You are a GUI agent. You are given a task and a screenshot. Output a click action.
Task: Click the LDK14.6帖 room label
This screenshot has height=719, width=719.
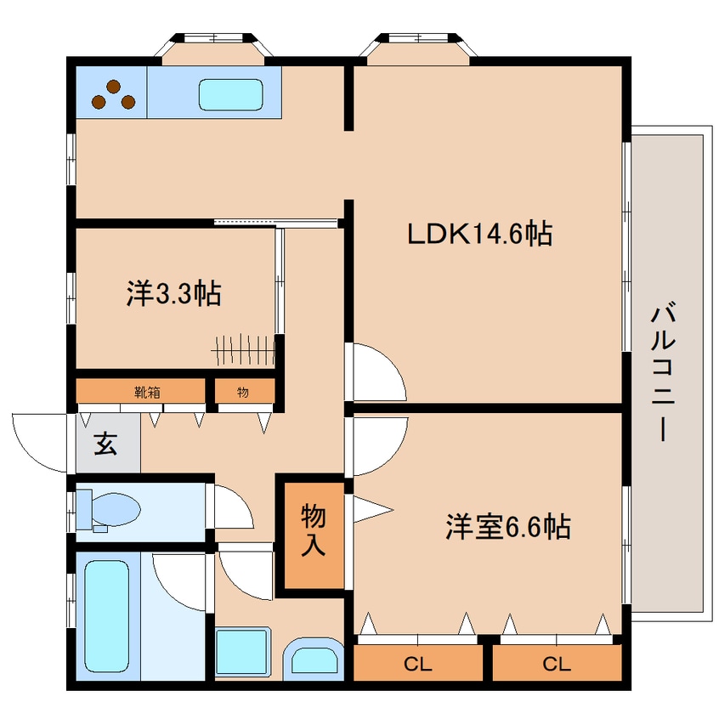pyautogui.click(x=479, y=234)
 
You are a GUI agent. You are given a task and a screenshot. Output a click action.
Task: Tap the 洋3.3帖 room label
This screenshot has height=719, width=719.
pyautogui.click(x=173, y=293)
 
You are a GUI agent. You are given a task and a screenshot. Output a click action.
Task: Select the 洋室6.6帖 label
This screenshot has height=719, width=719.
pyautogui.click(x=508, y=526)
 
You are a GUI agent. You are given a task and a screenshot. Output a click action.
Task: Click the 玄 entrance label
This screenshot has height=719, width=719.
pyautogui.click(x=106, y=444)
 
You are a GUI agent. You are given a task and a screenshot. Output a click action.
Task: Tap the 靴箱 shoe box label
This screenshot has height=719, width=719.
pyautogui.click(x=147, y=392)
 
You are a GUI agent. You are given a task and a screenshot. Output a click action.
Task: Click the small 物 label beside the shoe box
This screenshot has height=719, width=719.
pyautogui.click(x=243, y=392)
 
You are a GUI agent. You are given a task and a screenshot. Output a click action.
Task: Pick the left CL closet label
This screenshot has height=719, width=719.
pyautogui.click(x=418, y=664)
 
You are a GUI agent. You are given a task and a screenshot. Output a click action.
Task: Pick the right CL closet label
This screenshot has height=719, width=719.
pyautogui.click(x=557, y=664)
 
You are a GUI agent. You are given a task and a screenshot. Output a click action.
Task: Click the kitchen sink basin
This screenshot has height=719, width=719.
pyautogui.click(x=230, y=95)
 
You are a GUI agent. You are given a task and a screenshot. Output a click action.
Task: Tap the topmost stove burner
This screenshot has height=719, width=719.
pyautogui.click(x=113, y=86)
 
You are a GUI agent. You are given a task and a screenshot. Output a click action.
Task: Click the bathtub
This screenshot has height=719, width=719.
pyautogui.click(x=107, y=616)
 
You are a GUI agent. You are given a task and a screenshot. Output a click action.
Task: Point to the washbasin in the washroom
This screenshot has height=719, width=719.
pyautogui.click(x=314, y=659)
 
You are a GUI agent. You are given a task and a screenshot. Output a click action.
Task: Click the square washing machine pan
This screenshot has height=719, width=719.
pyautogui.click(x=243, y=652)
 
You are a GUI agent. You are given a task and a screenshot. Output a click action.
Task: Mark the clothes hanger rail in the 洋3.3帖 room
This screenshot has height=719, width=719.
pyautogui.click(x=243, y=351)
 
